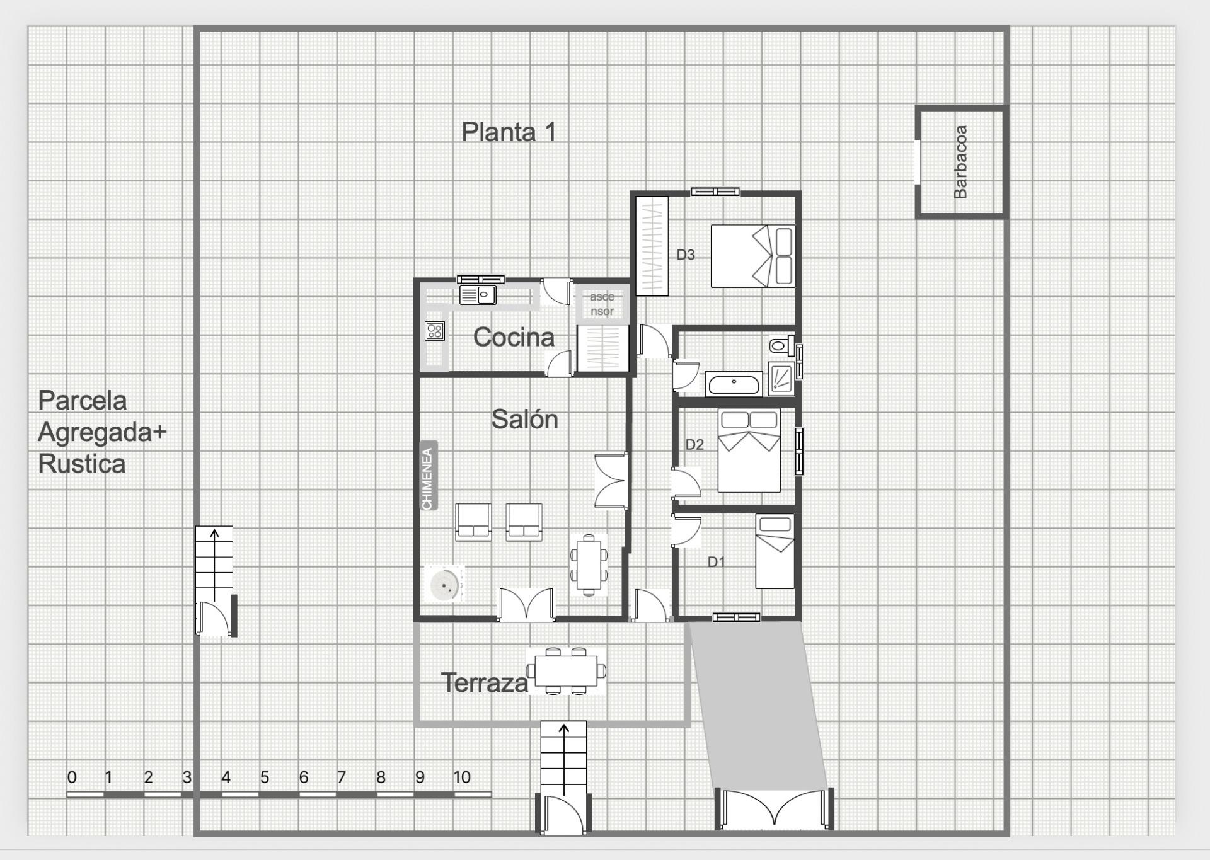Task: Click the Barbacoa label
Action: [x=960, y=162]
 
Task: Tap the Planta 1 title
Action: [x=509, y=132]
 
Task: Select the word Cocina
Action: [x=514, y=337]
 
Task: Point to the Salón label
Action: [x=524, y=419]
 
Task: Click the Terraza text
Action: [x=484, y=683]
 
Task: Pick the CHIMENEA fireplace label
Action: [x=429, y=475]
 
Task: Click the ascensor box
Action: [x=602, y=304]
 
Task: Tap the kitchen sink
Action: [x=477, y=295]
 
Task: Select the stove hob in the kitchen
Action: [x=435, y=331]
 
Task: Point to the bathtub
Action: [x=734, y=383]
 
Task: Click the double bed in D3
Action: [x=752, y=256]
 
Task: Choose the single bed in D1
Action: [x=775, y=551]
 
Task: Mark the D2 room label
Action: [x=694, y=445]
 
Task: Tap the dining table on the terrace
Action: [x=566, y=671]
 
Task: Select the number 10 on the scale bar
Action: [x=462, y=777]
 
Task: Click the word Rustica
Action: [x=82, y=464]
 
